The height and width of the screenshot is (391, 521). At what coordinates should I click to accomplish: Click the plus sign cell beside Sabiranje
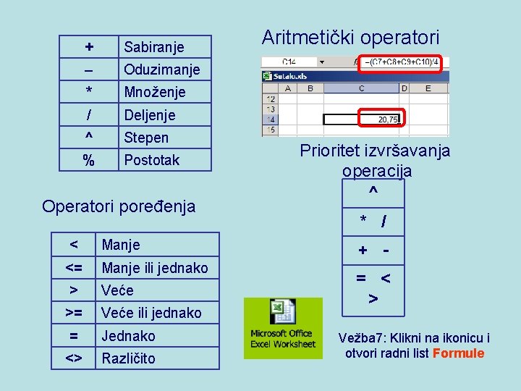[x=88, y=47]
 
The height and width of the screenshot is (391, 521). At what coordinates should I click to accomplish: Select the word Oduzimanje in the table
[x=158, y=70]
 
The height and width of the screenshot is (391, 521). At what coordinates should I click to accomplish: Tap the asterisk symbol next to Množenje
[x=88, y=92]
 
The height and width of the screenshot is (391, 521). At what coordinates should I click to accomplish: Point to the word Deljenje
[x=150, y=115]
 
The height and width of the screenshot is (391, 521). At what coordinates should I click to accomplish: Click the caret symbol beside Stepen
[x=88, y=138]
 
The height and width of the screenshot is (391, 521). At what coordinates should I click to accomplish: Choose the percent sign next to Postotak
[x=88, y=160]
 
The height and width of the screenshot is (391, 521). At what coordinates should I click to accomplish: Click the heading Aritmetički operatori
[x=350, y=38]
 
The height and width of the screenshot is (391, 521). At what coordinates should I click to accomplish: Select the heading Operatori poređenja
[x=119, y=206]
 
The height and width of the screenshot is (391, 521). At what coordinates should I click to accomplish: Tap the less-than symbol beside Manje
[x=73, y=245]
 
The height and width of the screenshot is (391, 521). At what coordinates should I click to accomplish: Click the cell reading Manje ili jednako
[x=155, y=268]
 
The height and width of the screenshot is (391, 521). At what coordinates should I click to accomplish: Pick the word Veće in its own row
[x=117, y=290]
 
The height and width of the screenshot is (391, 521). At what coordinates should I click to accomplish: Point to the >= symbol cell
[x=73, y=313]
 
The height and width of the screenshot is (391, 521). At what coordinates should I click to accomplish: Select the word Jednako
[x=128, y=335]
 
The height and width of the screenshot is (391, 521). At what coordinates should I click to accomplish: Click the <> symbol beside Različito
[x=73, y=358]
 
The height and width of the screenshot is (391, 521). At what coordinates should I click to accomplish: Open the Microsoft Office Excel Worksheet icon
[x=283, y=327]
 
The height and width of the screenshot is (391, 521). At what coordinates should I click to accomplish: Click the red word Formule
[x=458, y=353]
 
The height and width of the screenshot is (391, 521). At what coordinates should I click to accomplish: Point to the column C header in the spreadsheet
[x=360, y=88]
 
